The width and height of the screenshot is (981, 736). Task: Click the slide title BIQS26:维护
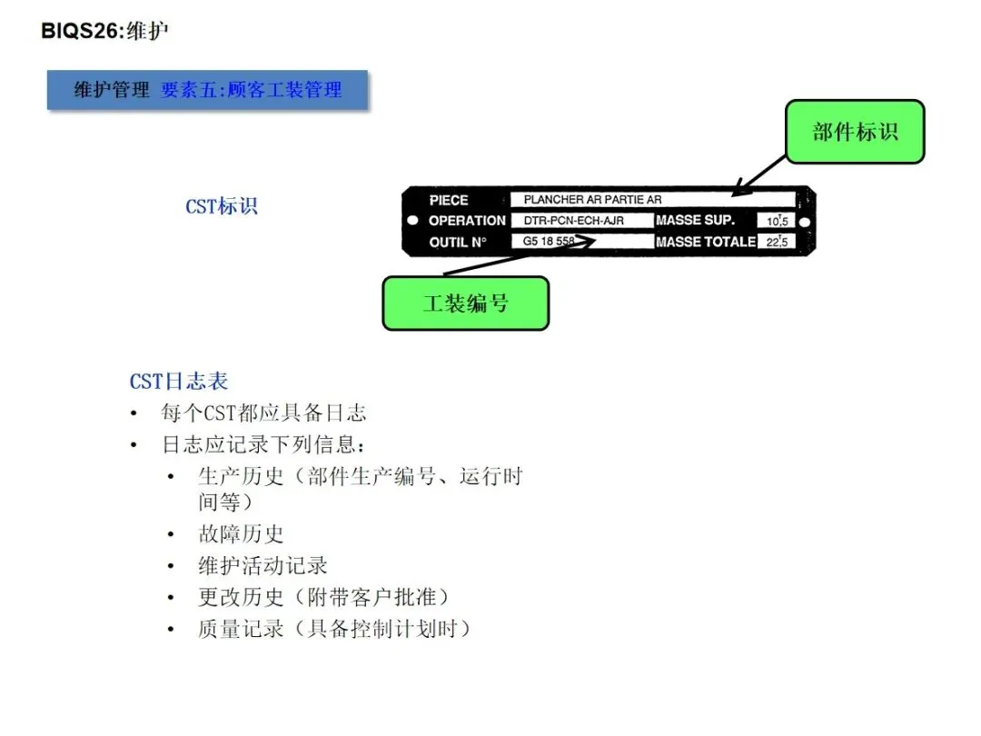(x=105, y=31)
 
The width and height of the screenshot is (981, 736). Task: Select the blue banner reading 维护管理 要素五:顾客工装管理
(x=208, y=90)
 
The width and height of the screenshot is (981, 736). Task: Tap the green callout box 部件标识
(x=855, y=132)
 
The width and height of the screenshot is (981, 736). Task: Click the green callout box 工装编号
(x=465, y=303)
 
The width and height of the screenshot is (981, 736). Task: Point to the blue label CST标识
(x=222, y=206)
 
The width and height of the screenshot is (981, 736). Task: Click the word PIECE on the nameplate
(x=449, y=200)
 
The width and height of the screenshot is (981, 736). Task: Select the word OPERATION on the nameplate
(x=467, y=221)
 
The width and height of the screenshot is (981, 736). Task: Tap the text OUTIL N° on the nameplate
(x=458, y=242)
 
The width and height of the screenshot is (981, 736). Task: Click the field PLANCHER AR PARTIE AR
(x=592, y=200)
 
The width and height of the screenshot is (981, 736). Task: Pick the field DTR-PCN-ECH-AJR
(x=574, y=221)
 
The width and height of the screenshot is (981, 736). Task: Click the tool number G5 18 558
(x=549, y=242)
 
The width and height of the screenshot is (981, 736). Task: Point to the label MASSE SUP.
(x=695, y=221)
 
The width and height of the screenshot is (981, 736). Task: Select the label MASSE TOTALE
(x=706, y=242)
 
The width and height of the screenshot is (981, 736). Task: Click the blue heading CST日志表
(x=179, y=382)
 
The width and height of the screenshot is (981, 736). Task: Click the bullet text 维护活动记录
(x=263, y=565)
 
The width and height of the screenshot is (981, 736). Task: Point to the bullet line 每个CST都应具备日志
(x=263, y=413)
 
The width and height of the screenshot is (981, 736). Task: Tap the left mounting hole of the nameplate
(x=412, y=221)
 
